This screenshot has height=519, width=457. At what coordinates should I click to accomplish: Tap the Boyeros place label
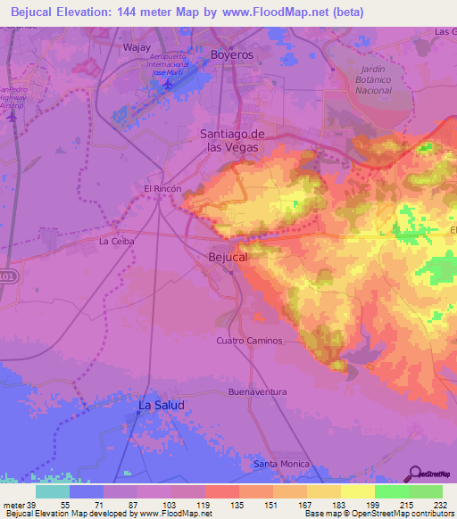(x=231, y=55)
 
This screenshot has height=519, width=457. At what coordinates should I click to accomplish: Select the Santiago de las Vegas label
(x=231, y=140)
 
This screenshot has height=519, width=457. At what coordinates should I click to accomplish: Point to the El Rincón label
(x=162, y=189)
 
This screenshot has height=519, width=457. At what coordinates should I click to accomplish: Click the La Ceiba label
(x=116, y=241)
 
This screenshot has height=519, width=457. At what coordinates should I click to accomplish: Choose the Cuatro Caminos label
(x=249, y=341)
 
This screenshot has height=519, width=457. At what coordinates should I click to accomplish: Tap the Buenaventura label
(x=257, y=391)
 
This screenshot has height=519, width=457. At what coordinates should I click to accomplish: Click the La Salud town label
(x=161, y=406)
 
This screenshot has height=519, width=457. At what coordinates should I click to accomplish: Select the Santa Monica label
(x=281, y=464)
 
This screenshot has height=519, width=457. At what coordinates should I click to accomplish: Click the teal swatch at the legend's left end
(x=52, y=491)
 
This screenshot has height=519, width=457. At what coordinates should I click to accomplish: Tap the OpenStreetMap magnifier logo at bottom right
(x=413, y=474)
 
